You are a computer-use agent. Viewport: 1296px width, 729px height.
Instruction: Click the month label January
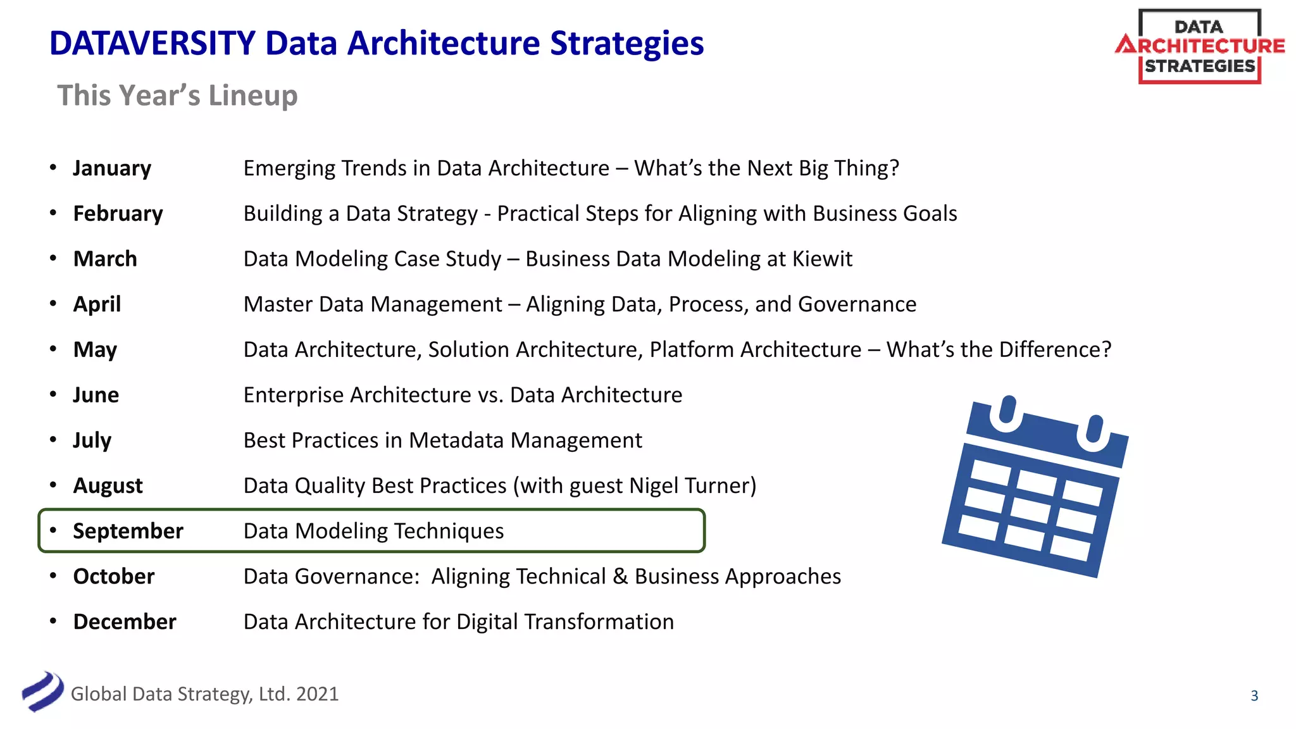tap(112, 168)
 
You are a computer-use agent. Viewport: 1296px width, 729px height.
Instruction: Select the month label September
tap(128, 531)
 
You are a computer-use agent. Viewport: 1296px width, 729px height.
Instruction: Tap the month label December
tap(125, 621)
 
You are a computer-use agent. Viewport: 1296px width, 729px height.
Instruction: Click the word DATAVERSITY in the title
tap(153, 44)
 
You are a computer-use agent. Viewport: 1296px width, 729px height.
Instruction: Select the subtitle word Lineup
tap(253, 96)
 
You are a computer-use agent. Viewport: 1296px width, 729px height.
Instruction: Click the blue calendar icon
tap(1035, 487)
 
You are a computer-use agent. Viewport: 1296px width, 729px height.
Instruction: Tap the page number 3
tap(1254, 695)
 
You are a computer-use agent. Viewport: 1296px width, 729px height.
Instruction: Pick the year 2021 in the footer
tap(317, 694)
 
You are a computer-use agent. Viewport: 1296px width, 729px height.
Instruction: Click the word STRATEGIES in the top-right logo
tap(1199, 66)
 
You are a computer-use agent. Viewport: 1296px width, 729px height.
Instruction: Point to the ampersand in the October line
tap(620, 576)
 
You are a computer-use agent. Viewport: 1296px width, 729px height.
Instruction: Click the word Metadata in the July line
tap(456, 440)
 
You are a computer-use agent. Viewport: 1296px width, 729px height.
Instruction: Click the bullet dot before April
tap(54, 304)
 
